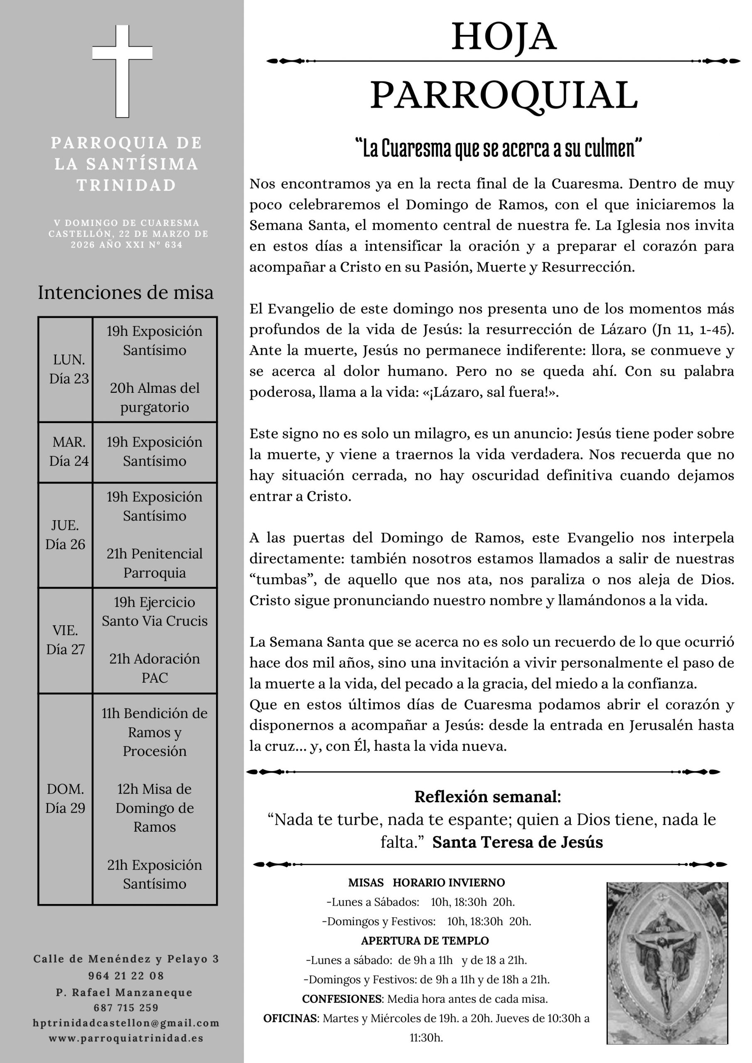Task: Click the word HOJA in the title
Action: click(x=504, y=37)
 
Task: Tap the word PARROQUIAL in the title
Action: click(x=504, y=96)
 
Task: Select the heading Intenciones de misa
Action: click(x=125, y=293)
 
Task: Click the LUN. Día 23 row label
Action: click(x=69, y=369)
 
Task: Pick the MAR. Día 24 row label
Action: click(x=69, y=451)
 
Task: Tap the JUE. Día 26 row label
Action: click(x=65, y=535)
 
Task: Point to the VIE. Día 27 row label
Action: click(x=65, y=640)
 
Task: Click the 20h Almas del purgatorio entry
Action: click(x=155, y=397)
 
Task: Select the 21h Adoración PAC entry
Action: click(x=155, y=668)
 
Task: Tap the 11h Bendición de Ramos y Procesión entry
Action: click(x=155, y=732)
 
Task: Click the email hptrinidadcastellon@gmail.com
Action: click(x=126, y=1023)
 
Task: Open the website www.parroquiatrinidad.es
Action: click(x=126, y=1038)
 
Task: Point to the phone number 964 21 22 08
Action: click(x=126, y=975)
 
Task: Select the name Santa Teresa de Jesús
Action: click(x=518, y=842)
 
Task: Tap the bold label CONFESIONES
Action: click(x=342, y=999)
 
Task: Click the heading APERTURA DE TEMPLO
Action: click(x=425, y=941)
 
